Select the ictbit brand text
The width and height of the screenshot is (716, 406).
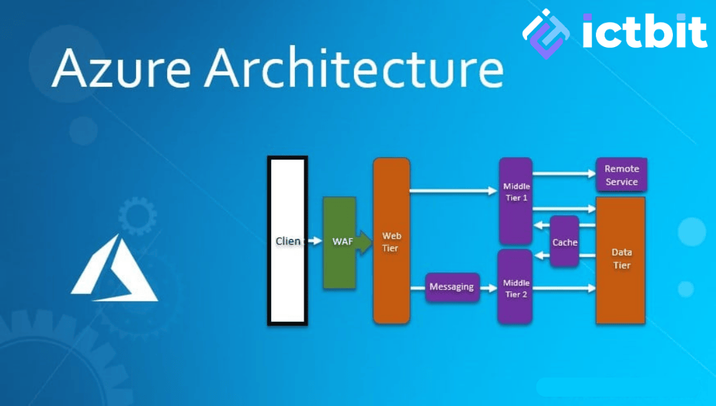(x=644, y=31)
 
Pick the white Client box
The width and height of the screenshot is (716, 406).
(x=287, y=241)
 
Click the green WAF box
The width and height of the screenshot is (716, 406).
(x=339, y=242)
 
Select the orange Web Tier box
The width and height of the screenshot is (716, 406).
(x=391, y=241)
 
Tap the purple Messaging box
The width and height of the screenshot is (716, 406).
(x=452, y=287)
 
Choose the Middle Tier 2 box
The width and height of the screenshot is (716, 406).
(x=516, y=287)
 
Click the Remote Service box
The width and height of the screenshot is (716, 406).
(x=621, y=175)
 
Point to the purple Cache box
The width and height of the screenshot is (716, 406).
(x=565, y=242)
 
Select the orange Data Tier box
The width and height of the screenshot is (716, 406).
(x=621, y=259)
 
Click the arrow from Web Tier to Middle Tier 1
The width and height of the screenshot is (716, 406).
(x=453, y=191)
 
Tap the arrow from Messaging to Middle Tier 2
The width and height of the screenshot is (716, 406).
(x=489, y=287)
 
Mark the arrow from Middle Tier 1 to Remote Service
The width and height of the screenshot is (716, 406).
(x=564, y=174)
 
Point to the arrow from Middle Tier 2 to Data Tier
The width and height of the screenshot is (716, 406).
(x=564, y=287)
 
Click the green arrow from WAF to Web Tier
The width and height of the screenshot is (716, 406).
(x=363, y=242)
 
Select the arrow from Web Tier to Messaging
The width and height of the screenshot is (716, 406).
(x=417, y=287)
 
